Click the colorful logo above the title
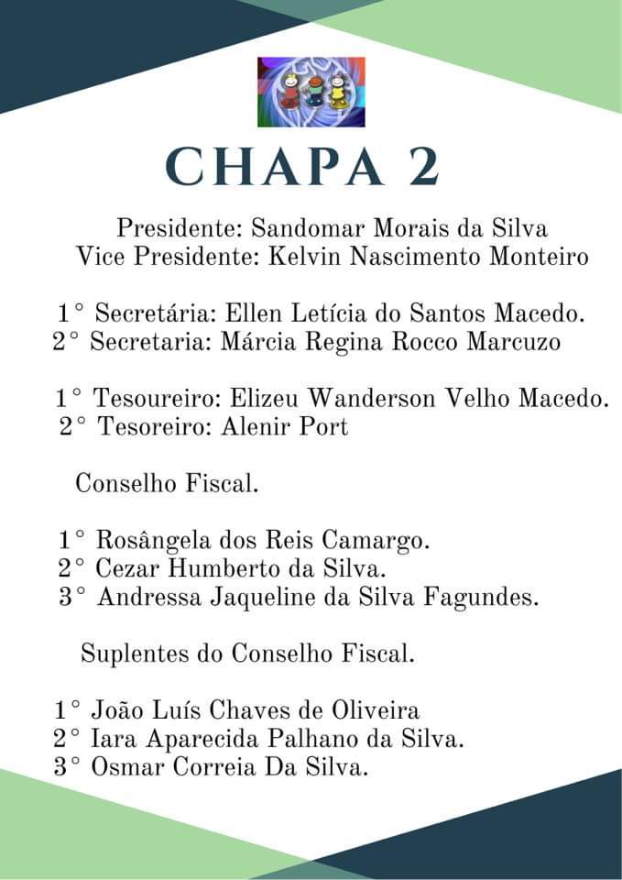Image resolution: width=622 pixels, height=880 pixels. (311, 91)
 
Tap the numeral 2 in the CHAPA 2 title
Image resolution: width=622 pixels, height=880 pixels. (419, 166)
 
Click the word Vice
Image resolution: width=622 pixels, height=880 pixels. (102, 257)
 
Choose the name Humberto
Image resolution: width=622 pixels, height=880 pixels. (230, 569)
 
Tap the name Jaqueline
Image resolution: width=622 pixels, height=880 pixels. (279, 598)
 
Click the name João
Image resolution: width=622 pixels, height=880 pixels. (121, 710)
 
